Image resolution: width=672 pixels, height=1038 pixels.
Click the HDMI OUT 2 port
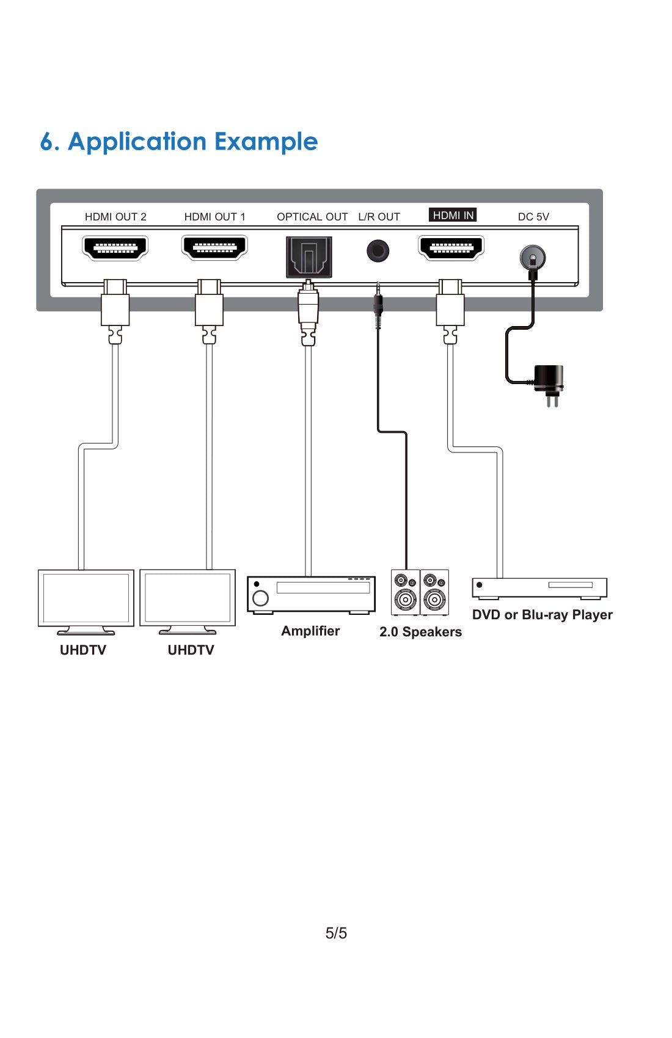pyautogui.click(x=115, y=248)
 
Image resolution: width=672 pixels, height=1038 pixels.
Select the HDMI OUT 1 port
pyautogui.click(x=214, y=247)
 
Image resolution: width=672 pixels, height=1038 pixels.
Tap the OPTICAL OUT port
pyautogui.click(x=309, y=256)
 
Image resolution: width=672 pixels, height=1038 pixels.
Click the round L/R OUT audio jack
pyautogui.click(x=378, y=251)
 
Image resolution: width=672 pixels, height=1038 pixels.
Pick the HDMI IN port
pyautogui.click(x=451, y=247)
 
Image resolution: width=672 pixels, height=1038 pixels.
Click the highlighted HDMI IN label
pyautogui.click(x=453, y=215)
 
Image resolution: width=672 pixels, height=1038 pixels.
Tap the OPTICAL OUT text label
pyautogui.click(x=312, y=217)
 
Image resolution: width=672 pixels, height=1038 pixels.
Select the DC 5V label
pyautogui.click(x=533, y=217)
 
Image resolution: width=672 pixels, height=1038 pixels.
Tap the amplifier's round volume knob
pyautogui.click(x=261, y=598)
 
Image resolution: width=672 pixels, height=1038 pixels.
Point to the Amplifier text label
pyautogui.click(x=310, y=631)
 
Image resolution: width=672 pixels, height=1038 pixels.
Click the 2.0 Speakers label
pyautogui.click(x=420, y=632)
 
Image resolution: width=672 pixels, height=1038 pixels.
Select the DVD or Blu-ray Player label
pyautogui.click(x=542, y=615)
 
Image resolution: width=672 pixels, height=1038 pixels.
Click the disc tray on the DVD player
pyautogui.click(x=570, y=585)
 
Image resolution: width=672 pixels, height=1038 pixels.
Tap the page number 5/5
pyautogui.click(x=336, y=933)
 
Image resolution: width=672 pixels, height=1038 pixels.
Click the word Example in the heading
pyautogui.click(x=266, y=142)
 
